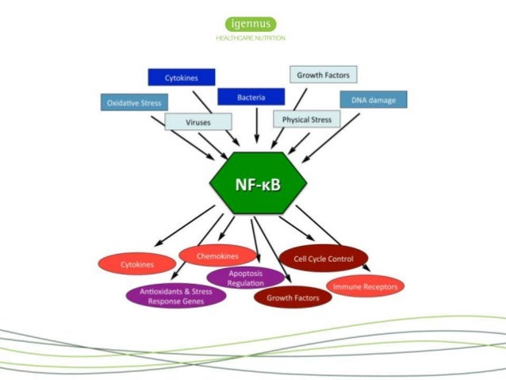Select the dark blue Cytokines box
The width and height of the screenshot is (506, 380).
(182, 78)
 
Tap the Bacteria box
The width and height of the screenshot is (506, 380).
(251, 97)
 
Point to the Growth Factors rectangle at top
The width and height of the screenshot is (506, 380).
(323, 75)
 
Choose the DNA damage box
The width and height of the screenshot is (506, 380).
(374, 100)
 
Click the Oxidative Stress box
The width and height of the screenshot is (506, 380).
(134, 102)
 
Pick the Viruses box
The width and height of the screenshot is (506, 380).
(198, 122)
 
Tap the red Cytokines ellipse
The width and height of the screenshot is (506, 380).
(137, 263)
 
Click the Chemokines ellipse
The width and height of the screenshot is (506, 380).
(218, 255)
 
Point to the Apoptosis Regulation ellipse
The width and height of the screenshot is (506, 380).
(245, 278)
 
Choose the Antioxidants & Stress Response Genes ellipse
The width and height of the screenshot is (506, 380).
(176, 296)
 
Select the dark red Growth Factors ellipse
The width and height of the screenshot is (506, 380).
(292, 297)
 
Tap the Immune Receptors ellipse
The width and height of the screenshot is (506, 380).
(366, 286)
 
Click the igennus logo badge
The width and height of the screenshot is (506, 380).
(251, 24)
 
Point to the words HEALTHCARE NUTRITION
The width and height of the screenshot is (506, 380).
(251, 38)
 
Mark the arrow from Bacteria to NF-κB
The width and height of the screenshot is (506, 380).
(256, 127)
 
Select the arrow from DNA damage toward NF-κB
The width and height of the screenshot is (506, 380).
(334, 130)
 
